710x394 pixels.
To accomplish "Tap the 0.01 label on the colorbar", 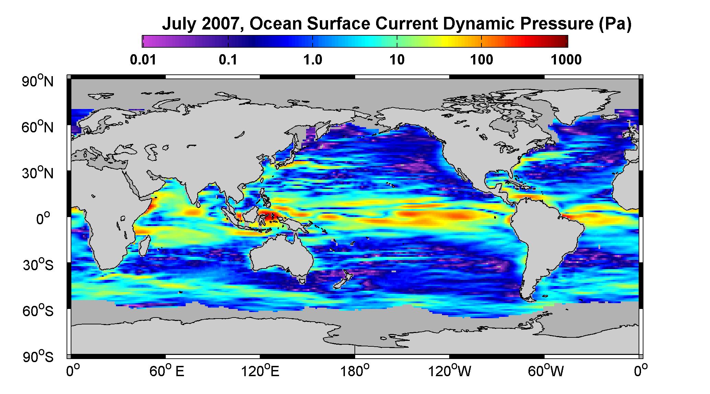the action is coord(143,60).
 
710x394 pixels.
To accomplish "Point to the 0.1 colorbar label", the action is coord(228,60).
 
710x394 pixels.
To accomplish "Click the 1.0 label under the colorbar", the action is coord(313,60).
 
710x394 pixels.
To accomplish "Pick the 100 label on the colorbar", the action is coord(481,60).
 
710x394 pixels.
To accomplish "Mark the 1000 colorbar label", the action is coord(566,60).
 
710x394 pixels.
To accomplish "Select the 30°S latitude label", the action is coord(38,265).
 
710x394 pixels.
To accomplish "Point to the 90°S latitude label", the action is coord(38,357).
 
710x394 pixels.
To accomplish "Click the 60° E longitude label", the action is coord(167,371).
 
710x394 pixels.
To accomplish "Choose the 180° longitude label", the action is coord(355,371).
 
